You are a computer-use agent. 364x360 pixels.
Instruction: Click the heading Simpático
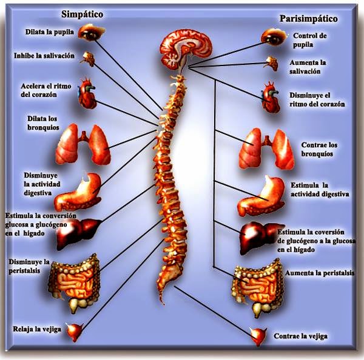[x=82, y=14]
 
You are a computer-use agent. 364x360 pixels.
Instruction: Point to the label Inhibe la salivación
[x=44, y=56]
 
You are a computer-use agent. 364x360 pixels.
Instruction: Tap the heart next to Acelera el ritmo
[x=89, y=95]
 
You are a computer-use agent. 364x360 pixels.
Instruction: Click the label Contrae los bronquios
[x=320, y=149]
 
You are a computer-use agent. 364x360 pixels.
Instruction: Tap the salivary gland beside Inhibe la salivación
[x=89, y=58]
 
